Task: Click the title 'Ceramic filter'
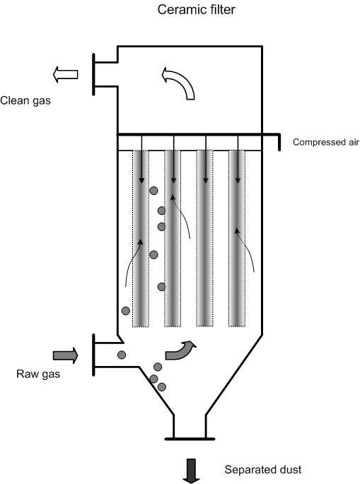(196, 10)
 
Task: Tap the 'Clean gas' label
(25, 100)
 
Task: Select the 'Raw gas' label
(38, 374)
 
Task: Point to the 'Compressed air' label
(326, 142)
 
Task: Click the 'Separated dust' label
(263, 469)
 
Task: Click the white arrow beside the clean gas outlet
(65, 74)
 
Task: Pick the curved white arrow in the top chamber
(179, 83)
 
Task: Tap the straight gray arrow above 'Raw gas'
(65, 355)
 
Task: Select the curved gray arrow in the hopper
(181, 350)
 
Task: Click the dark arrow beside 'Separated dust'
(191, 471)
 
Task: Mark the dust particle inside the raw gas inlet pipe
(122, 355)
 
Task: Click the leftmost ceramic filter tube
(141, 238)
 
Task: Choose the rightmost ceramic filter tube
(237, 238)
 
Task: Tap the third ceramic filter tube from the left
(205, 238)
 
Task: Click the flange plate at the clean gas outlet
(93, 74)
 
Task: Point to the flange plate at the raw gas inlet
(93, 355)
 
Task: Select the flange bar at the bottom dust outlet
(190, 439)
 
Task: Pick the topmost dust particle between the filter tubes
(153, 191)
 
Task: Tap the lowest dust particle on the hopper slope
(162, 386)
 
